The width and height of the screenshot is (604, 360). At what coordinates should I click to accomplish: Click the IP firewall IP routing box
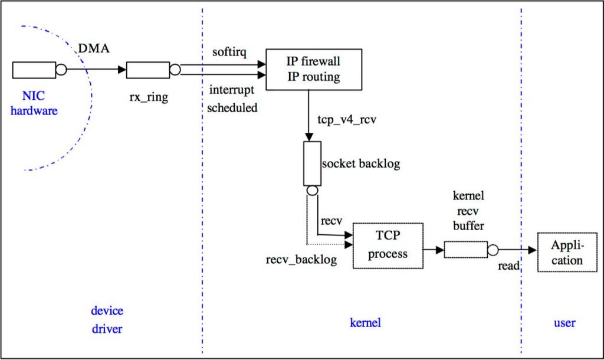[314, 70]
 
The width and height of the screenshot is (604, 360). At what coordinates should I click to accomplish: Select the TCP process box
[388, 246]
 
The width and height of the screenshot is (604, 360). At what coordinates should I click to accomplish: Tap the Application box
[567, 252]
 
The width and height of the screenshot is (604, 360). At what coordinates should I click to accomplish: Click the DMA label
[94, 48]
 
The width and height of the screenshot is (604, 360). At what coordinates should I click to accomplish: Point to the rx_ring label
[149, 97]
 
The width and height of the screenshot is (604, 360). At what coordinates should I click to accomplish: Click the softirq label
[229, 52]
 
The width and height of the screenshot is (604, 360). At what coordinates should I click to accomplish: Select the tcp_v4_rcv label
[347, 119]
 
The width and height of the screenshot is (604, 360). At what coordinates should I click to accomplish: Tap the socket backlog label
[361, 163]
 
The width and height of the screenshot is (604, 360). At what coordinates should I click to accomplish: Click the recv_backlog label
[301, 260]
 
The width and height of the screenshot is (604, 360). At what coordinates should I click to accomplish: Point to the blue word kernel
[365, 322]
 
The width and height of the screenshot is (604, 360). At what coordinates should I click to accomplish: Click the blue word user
[564, 323]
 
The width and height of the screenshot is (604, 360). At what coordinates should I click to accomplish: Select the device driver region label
[107, 319]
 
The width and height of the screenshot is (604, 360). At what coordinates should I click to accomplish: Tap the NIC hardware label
[34, 103]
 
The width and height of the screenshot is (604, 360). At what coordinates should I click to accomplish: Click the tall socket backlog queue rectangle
[313, 163]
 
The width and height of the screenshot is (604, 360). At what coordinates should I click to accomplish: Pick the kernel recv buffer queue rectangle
[466, 250]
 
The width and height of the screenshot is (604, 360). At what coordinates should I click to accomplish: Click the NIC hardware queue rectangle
[34, 70]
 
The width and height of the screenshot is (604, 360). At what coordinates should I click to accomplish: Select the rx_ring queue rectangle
[148, 70]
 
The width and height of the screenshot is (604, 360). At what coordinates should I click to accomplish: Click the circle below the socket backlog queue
[313, 191]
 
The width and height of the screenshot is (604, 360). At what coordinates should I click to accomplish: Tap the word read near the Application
[508, 266]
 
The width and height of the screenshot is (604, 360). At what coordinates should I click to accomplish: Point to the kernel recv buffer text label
[468, 211]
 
